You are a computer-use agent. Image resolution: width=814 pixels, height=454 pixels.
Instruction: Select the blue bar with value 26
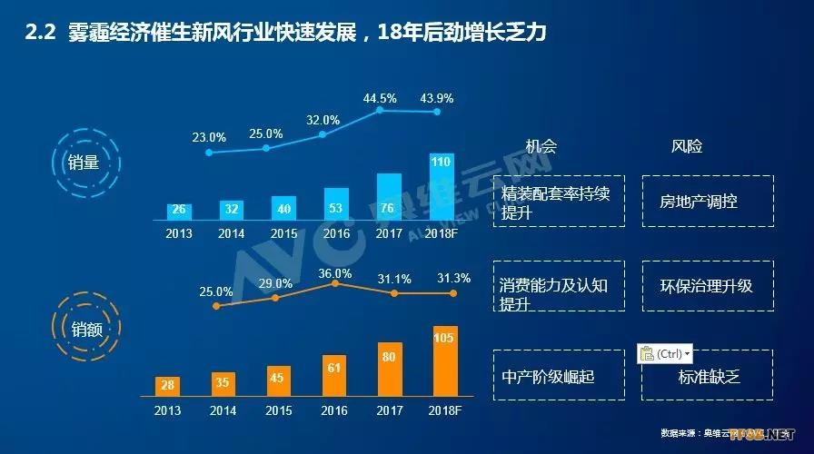click(179, 211)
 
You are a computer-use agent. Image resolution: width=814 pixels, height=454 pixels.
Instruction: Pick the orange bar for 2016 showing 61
click(334, 375)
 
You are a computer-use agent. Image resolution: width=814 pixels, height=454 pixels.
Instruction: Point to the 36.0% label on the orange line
click(335, 273)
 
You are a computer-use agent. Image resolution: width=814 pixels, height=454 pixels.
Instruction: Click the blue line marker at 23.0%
click(210, 153)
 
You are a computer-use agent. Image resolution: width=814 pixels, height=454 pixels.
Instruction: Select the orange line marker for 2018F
click(452, 293)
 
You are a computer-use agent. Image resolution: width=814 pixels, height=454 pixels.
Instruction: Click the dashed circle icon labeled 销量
click(84, 163)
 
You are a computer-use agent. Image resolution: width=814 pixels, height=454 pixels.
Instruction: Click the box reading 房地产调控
click(708, 202)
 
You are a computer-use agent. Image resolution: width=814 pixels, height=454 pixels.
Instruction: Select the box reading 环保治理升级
click(708, 286)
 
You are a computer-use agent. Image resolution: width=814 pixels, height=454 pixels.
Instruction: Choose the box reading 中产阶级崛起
click(561, 375)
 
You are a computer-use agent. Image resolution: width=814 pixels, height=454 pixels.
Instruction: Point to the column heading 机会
click(541, 146)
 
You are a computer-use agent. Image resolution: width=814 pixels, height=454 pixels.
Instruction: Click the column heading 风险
click(687, 146)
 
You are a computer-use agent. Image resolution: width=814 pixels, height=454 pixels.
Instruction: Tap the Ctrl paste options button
click(665, 354)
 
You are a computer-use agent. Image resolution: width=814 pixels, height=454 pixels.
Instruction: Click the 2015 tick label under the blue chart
click(284, 233)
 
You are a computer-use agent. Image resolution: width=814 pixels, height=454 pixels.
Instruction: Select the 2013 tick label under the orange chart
click(166, 410)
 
